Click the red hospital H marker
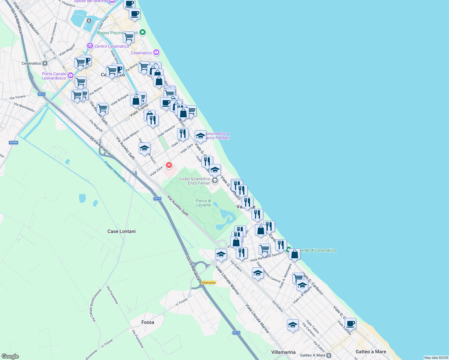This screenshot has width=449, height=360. point(169,165)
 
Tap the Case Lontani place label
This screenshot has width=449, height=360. point(122,231)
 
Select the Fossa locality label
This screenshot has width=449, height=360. point(148,322)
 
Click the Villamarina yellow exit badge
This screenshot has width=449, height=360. point(209,283)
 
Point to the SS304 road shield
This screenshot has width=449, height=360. point(14,142)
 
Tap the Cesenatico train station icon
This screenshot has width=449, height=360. point(45,63)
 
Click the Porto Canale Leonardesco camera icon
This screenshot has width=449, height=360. point(71,75)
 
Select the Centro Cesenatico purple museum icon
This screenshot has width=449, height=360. point(90,46)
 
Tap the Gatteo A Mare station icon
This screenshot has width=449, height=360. point(329,355)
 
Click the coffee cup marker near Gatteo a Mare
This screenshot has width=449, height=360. point(350,324)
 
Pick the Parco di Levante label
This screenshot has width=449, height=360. point(203,203)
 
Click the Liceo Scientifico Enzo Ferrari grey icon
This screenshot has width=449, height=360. point(215,181)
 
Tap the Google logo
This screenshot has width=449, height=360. point(10,356)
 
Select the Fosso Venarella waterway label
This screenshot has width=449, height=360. point(115,172)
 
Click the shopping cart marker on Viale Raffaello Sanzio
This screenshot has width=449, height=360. point(264,249)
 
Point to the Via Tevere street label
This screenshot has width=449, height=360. point(17,97)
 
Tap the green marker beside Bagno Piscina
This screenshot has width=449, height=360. point(143,32)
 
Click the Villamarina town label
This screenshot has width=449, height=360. point(283,352)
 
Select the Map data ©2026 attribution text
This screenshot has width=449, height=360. point(436,358)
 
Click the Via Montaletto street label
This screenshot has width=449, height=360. point(24,107)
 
